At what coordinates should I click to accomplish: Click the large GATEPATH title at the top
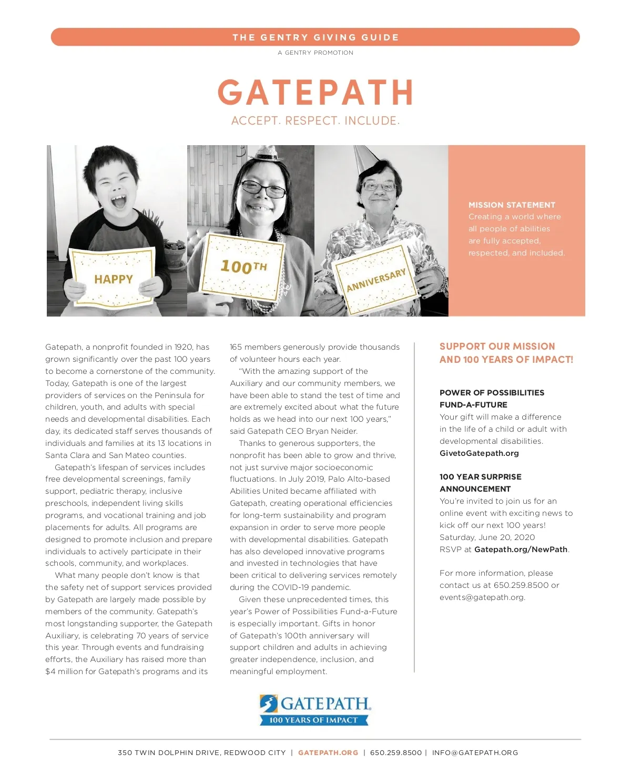point(315,93)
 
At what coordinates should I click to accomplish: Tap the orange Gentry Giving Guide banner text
point(315,37)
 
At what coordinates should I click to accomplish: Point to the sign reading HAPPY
point(113,279)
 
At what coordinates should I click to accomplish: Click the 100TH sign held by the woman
point(243,266)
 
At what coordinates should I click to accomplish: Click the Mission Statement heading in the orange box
point(512,205)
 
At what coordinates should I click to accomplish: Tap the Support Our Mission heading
point(506,353)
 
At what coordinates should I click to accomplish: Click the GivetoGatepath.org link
point(479,453)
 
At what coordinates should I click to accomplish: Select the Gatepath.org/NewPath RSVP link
point(521,549)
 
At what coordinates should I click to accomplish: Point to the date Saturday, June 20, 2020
point(487,537)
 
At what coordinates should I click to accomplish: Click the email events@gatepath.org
point(482,597)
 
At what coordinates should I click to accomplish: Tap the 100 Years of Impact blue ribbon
point(313,720)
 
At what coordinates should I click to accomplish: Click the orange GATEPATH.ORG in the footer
point(328,752)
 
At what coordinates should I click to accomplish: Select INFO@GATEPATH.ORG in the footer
point(475,752)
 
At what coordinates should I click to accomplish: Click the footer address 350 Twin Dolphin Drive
point(201,752)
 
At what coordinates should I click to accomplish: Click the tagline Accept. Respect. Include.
point(315,121)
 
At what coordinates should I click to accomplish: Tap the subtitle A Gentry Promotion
point(315,53)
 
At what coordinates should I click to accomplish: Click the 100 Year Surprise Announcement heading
point(480,483)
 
